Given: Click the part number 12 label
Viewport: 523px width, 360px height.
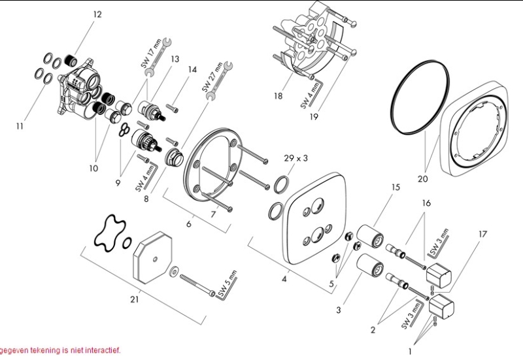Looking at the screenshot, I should pyautogui.click(x=97, y=14).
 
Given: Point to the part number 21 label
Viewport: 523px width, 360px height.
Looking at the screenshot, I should pyautogui.click(x=135, y=300).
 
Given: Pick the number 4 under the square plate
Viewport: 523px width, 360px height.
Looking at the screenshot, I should pyautogui.click(x=284, y=279).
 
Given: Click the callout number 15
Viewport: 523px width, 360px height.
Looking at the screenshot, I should pyautogui.click(x=395, y=188).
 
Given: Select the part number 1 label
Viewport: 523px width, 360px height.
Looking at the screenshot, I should pyautogui.click(x=410, y=351).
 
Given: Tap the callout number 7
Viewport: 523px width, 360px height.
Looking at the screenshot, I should pyautogui.click(x=213, y=213).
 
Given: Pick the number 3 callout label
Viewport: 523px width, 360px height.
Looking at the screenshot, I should pyautogui.click(x=339, y=310).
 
